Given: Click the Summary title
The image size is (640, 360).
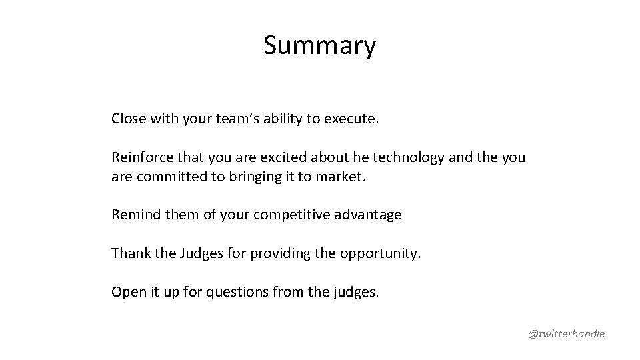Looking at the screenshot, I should pyautogui.click(x=319, y=45).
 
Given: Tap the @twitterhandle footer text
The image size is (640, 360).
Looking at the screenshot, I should pyautogui.click(x=567, y=333).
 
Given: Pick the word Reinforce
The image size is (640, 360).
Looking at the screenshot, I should pyautogui.click(x=140, y=158).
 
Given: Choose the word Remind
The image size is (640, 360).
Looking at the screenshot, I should pyautogui.click(x=132, y=215).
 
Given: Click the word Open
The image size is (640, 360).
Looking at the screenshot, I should pyautogui.click(x=126, y=292).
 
